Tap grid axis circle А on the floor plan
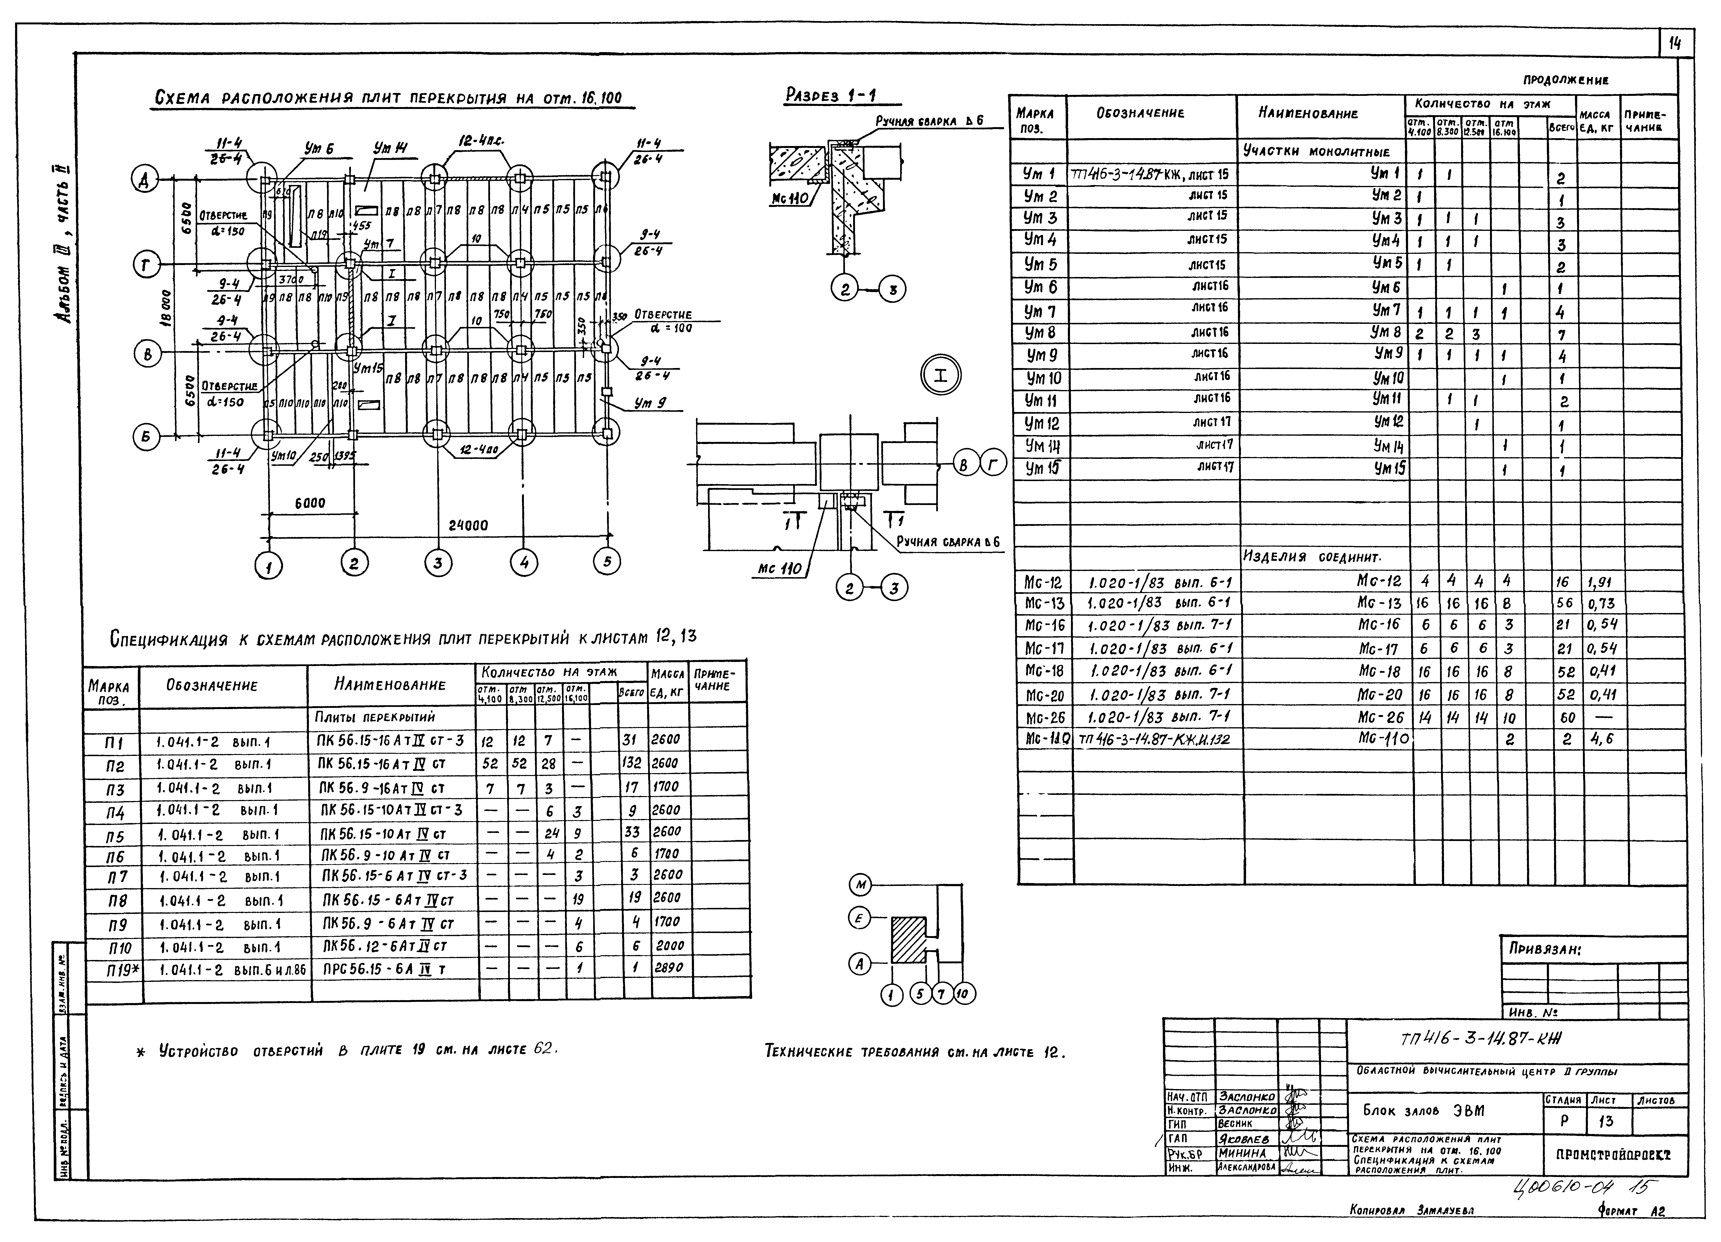[x=144, y=180]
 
